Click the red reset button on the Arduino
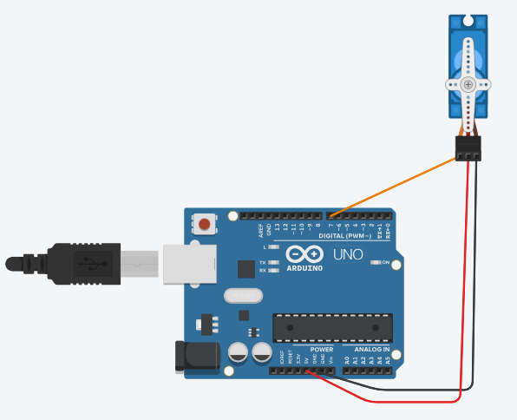[205, 225]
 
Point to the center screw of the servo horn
[468, 84]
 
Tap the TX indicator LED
[274, 261]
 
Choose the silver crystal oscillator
[242, 296]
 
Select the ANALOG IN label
[370, 350]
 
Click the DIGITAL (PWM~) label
[345, 236]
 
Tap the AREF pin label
[260, 230]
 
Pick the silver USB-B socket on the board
[186, 262]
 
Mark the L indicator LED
[274, 247]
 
